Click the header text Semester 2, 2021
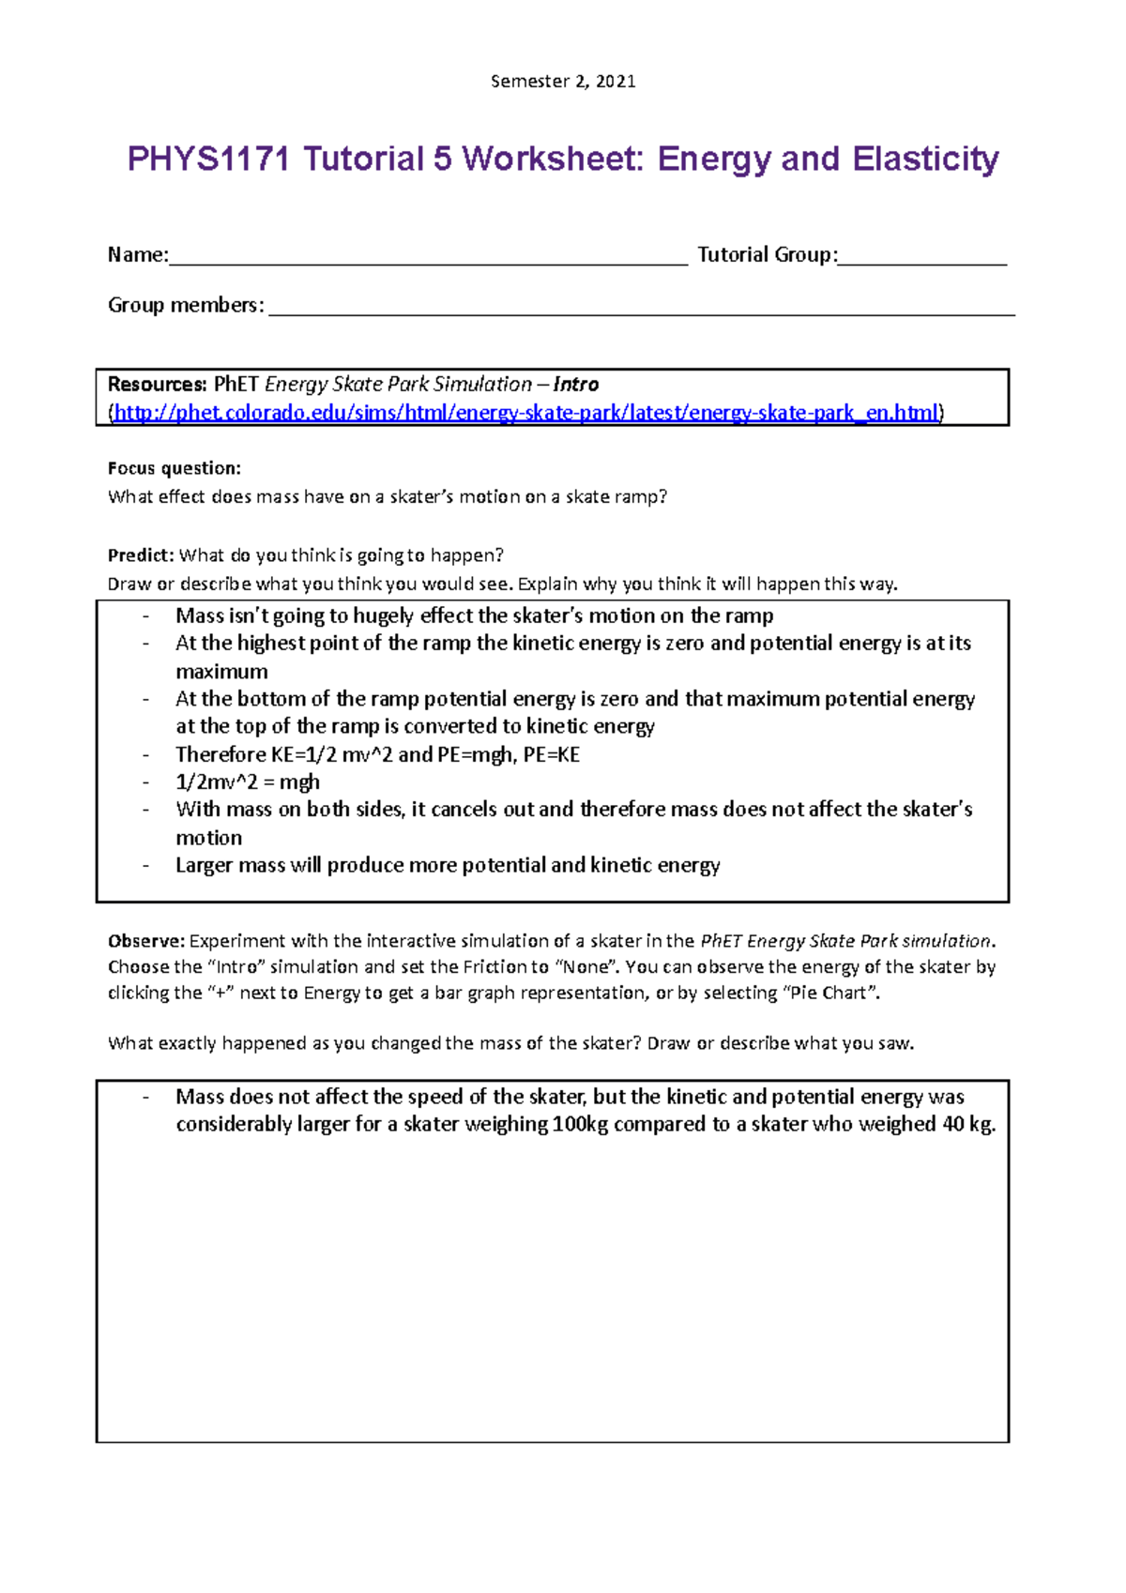coord(563,82)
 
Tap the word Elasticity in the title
coord(925,159)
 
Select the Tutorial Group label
coord(766,254)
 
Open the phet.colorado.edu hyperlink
coord(525,413)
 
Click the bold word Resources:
coord(157,384)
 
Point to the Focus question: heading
coord(175,468)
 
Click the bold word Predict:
coord(141,555)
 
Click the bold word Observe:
coord(146,941)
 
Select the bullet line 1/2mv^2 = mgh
coord(248,781)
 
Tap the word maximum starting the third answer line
coord(221,672)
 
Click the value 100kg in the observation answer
coord(581,1124)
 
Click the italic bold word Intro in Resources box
coord(575,384)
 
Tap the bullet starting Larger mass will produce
coord(448,865)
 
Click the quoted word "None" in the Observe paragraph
coord(586,966)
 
